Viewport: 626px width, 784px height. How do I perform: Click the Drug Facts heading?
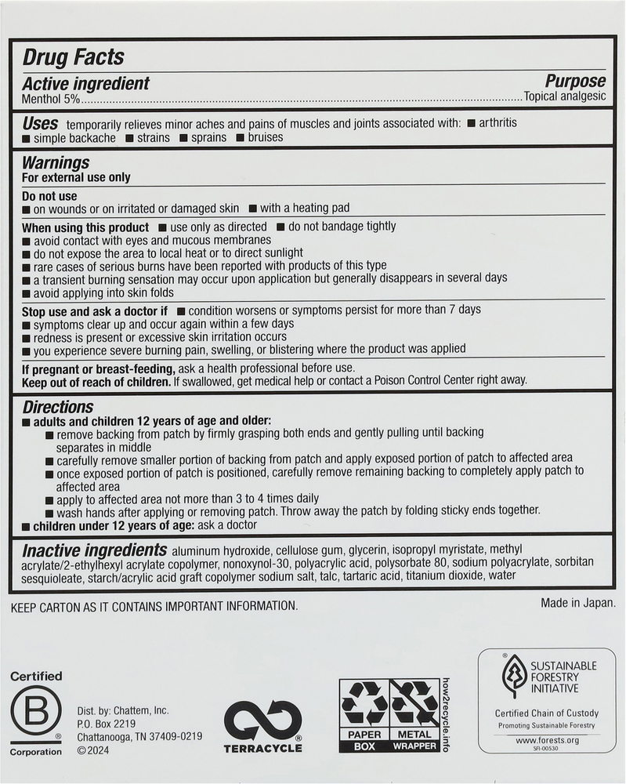73,57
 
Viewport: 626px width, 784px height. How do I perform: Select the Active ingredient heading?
85,84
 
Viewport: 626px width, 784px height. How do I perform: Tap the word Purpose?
575,82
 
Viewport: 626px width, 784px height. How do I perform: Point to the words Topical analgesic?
565,97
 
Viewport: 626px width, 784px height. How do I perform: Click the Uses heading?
40,123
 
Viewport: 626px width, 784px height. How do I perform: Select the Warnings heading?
56,163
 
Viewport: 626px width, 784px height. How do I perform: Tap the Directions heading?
58,407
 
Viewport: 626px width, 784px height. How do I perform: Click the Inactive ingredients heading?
94,550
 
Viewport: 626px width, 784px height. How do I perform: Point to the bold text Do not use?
49,196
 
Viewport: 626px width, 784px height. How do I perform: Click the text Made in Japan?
577,603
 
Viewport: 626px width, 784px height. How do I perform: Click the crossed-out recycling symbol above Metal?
414,702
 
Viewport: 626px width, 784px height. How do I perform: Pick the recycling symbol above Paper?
364,702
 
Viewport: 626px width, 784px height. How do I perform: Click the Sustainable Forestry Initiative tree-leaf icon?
514,675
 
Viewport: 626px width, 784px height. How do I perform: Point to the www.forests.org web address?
546,739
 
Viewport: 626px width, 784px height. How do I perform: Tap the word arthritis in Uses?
498,123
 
